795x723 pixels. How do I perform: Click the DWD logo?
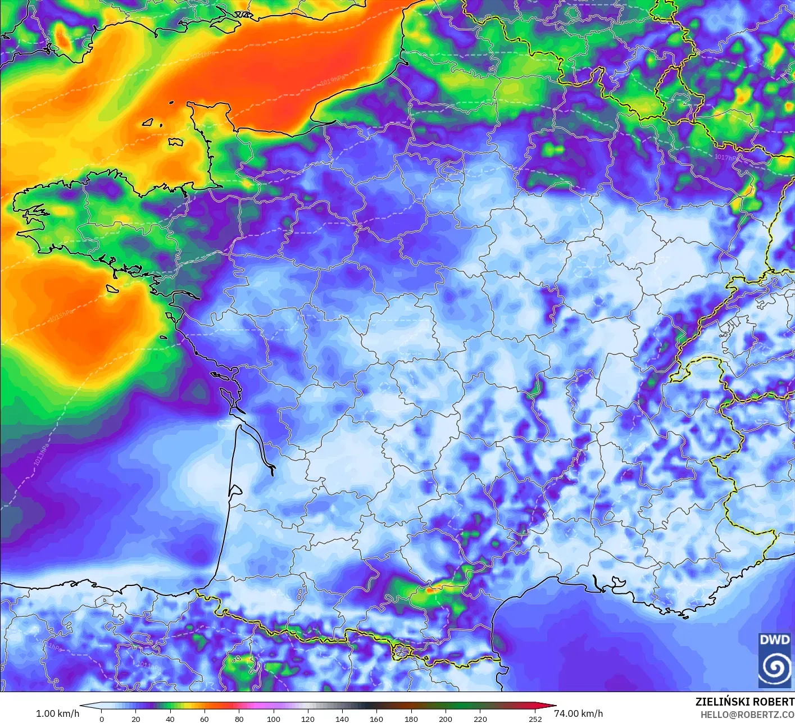coord(774,660)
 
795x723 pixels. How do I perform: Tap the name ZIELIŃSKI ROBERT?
coord(744,702)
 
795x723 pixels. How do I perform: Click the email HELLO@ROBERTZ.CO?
coord(747,715)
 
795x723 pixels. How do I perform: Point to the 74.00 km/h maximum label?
coord(578,713)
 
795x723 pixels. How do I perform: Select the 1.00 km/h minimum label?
coord(57,713)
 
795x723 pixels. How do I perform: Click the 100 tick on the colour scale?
coord(274,719)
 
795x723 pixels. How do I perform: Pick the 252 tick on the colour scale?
coord(535,719)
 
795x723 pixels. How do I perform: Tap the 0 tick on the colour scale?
coord(102,719)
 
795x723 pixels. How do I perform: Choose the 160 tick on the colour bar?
coord(376,719)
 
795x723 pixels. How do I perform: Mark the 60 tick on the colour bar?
coord(205,719)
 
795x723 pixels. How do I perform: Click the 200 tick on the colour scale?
coord(446,719)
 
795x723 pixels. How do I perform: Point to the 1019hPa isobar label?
coord(333,80)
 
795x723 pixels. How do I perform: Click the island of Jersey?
coord(176,142)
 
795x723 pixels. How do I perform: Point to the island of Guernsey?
coord(148,122)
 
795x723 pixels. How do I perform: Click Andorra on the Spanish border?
coord(403,652)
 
